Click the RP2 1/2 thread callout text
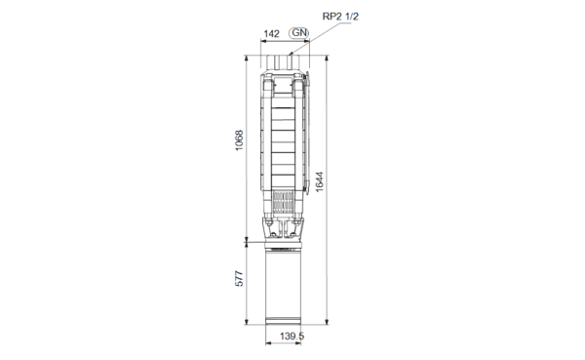point(340,17)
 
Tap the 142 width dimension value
point(271,34)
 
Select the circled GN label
point(299,33)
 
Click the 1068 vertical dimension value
point(239,140)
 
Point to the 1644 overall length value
point(320,181)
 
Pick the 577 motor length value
point(239,279)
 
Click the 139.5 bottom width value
point(292,337)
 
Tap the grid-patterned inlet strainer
point(283,203)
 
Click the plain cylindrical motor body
point(283,284)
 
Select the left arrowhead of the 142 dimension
point(263,41)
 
